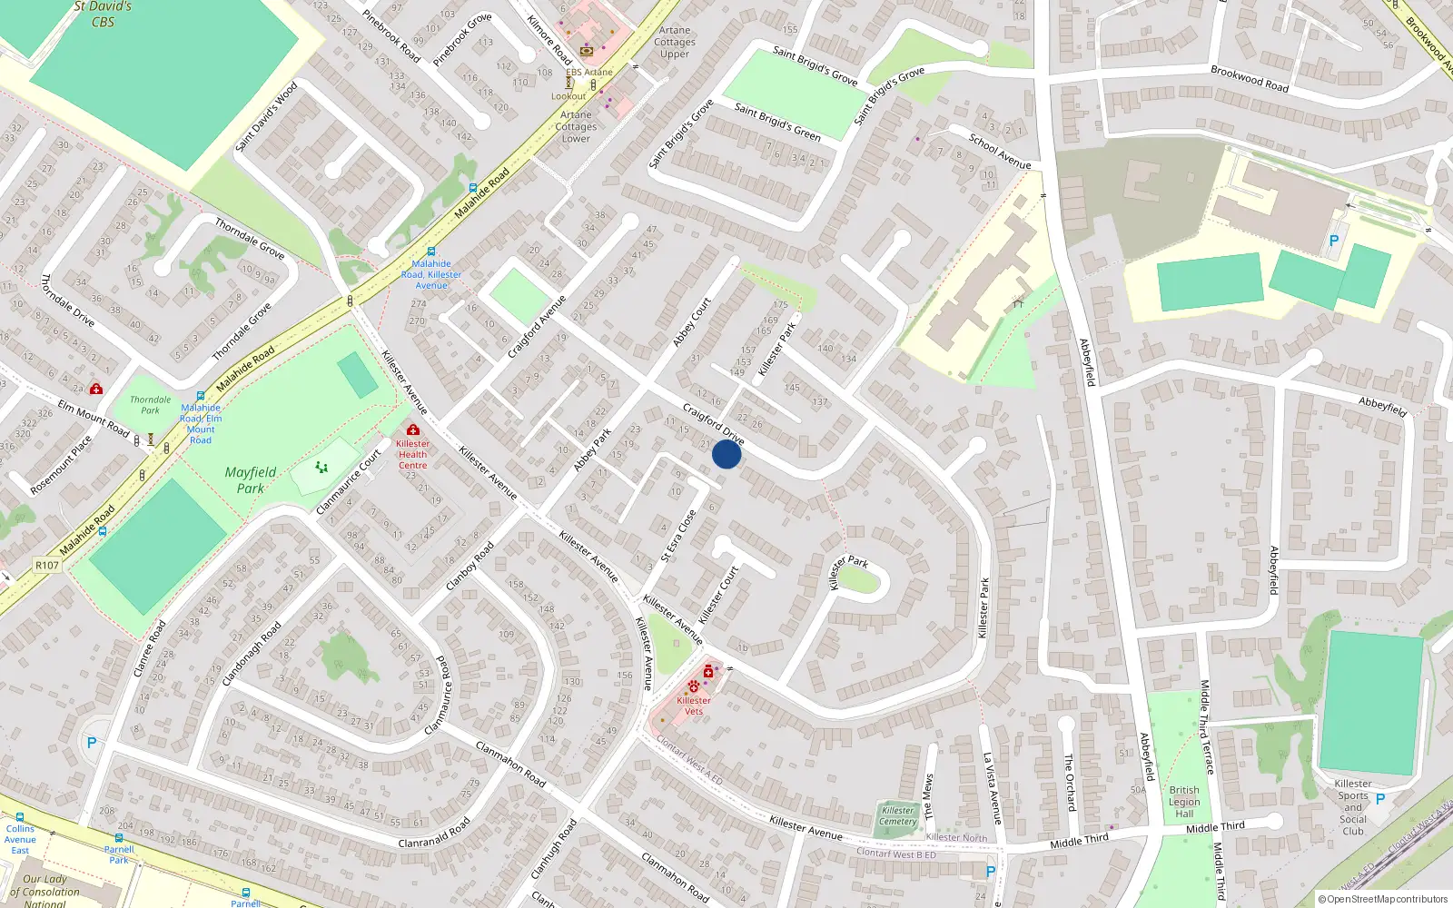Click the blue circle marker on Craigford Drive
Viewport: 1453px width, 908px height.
[726, 454]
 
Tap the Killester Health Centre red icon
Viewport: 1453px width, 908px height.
[413, 429]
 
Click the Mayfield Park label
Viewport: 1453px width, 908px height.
[251, 479]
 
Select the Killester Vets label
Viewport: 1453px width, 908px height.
[694, 706]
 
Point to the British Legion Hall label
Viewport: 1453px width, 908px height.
[1184, 802]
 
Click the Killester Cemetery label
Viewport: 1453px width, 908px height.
[897, 815]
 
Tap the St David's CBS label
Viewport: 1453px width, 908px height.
[103, 14]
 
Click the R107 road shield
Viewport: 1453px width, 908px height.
[47, 565]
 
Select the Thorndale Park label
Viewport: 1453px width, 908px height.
[150, 405]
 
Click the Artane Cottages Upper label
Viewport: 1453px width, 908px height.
[675, 42]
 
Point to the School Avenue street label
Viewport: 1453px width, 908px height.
[1000, 152]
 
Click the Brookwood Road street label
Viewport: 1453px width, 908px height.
[1250, 78]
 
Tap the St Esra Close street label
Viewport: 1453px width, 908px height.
[678, 536]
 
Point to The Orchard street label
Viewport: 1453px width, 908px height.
[1070, 782]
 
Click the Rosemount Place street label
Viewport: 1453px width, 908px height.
[61, 465]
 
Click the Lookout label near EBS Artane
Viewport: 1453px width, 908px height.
[568, 96]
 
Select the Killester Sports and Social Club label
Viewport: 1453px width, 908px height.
[1353, 807]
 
